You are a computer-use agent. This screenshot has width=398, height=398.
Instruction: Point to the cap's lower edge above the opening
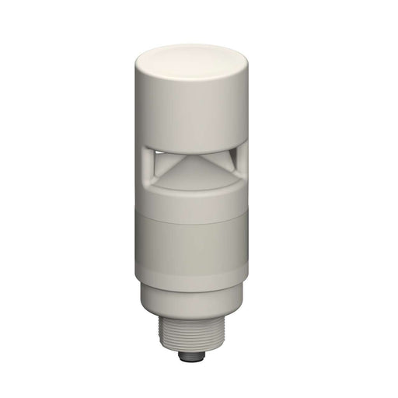point(190,148)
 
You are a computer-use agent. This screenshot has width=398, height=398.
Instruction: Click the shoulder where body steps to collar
point(191,286)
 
